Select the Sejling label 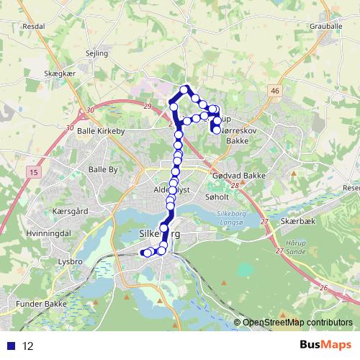pos(96,53)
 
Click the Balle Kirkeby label pos(101,132)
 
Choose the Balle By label pos(102,169)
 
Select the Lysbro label pos(72,262)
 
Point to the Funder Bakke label pos(41,305)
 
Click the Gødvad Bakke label pos(240,176)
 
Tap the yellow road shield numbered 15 pos(34,173)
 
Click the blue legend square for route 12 pos(12,346)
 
